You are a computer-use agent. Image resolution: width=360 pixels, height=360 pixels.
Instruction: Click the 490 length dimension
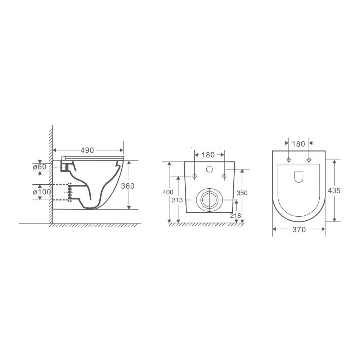pos(87,150)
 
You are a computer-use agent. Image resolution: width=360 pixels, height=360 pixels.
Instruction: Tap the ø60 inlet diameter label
pos(40,167)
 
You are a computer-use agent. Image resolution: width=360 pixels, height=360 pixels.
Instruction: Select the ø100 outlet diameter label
pos(41,192)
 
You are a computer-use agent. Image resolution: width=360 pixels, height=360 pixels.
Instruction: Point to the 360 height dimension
pos(128,186)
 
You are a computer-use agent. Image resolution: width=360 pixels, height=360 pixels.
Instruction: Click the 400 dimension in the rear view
pos(168,192)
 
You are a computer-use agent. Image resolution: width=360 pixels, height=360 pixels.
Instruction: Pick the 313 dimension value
pos(177,200)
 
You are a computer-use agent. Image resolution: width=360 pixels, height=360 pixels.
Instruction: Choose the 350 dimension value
pos(242,193)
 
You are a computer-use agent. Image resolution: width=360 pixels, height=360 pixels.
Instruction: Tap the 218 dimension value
pos(235,215)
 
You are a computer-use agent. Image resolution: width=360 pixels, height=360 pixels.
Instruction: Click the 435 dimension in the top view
pos(334,190)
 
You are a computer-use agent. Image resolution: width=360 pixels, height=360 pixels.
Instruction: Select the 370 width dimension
pos(299,230)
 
